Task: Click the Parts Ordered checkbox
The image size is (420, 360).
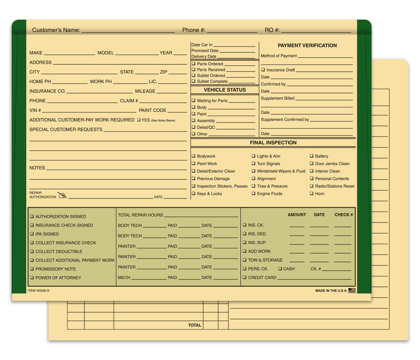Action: [193, 64]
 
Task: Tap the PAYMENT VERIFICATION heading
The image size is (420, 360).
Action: [307, 46]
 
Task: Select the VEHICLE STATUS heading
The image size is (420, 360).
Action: [225, 90]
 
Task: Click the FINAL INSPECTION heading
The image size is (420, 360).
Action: [273, 143]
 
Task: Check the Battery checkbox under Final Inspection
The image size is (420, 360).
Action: [311, 156]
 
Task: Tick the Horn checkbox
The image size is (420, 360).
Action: [311, 194]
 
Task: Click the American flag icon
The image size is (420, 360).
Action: [352, 290]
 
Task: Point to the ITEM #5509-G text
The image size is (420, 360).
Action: [39, 291]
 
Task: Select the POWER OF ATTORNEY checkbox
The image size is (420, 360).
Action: [32, 278]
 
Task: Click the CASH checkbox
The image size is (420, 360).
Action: [280, 269]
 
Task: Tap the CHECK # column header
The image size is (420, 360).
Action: [344, 215]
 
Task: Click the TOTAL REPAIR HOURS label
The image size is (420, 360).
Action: [140, 215]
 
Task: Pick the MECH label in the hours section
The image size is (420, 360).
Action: [124, 278]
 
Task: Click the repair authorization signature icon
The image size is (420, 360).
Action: [62, 195]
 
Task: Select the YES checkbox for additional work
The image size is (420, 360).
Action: [139, 120]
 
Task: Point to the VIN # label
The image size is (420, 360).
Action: [35, 110]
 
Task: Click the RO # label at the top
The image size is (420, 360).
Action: [272, 30]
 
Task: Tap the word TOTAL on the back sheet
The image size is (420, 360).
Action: [194, 325]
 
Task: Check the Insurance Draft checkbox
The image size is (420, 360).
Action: [263, 70]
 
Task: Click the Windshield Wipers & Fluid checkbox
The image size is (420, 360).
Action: [253, 171]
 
